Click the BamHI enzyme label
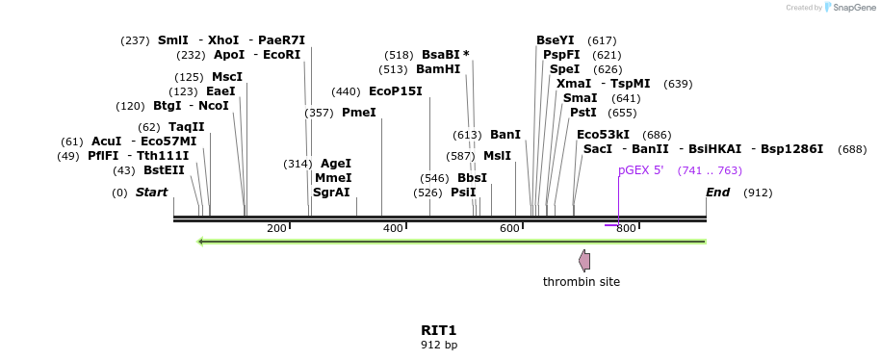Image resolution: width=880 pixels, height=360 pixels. [438, 69]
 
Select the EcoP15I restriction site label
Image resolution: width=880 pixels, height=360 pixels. [395, 91]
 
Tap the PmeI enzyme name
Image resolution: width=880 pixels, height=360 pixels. [359, 113]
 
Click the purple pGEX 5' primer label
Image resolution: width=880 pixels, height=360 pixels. [640, 170]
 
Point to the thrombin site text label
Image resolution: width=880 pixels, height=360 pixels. [582, 282]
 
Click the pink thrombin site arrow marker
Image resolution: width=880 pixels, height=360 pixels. [584, 260]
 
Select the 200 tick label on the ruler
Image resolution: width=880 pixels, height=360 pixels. [276, 228]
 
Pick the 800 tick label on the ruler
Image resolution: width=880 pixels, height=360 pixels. [626, 228]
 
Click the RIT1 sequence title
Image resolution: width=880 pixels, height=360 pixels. [439, 330]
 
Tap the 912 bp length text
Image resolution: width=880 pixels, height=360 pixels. [439, 345]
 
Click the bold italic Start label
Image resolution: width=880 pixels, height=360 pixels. [151, 193]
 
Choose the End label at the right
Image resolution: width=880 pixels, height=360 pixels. [717, 193]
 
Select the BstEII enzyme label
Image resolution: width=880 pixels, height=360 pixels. [164, 170]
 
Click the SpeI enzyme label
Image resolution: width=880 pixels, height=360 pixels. [564, 69]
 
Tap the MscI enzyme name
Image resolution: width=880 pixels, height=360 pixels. [227, 77]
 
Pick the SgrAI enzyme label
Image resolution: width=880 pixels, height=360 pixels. [331, 193]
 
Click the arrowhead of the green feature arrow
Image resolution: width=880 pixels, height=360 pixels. [200, 242]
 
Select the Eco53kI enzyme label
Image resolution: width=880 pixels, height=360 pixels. [603, 135]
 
